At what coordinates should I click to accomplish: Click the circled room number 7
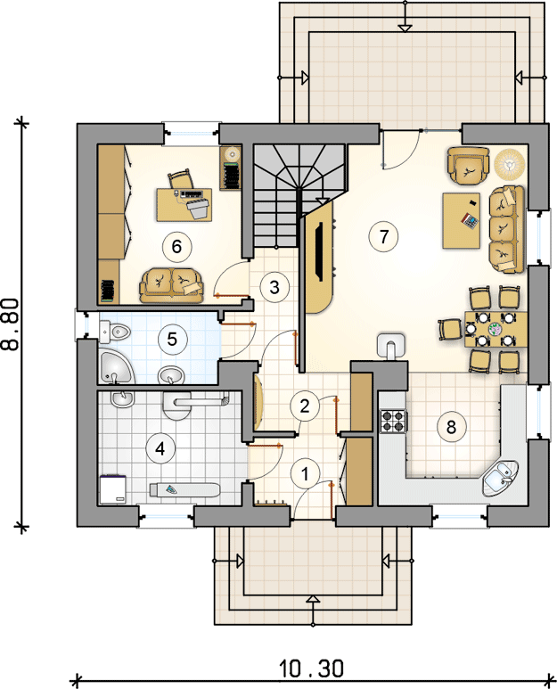(384, 236)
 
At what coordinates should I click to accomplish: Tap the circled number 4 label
(160, 448)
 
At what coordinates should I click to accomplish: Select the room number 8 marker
(451, 426)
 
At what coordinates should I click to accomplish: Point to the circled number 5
(172, 339)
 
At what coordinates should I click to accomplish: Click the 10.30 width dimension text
(310, 668)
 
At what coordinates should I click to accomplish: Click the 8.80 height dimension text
(11, 324)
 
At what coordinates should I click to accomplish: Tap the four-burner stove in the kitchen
(393, 421)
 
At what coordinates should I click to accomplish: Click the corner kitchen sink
(500, 478)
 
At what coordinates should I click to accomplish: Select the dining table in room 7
(496, 330)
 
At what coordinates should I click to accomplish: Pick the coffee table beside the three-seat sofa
(462, 220)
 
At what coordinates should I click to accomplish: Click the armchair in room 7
(468, 165)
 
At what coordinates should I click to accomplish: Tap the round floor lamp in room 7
(510, 164)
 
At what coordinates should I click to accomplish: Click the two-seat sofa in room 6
(172, 285)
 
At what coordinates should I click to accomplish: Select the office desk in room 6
(184, 205)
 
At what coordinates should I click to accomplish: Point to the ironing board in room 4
(184, 490)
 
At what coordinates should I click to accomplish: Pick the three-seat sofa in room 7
(507, 229)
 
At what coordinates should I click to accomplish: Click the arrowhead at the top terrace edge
(405, 29)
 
